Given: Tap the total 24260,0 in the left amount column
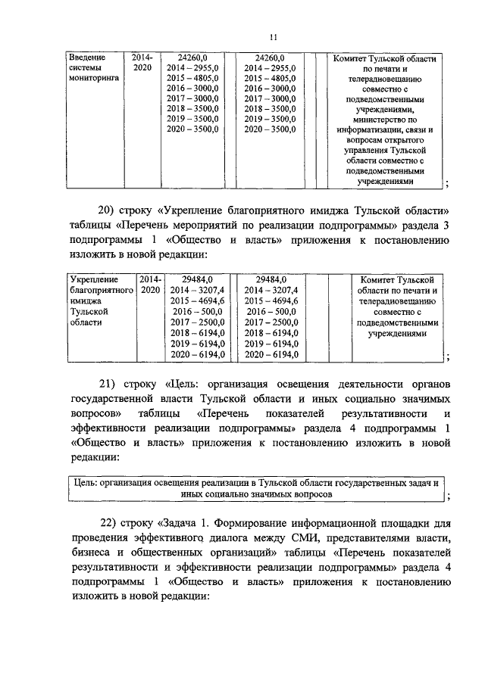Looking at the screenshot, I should [x=192, y=57].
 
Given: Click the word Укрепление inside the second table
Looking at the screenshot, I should [x=92, y=279].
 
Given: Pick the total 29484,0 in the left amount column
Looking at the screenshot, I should [x=192, y=279].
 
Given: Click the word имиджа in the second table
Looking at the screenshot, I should [x=86, y=300].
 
